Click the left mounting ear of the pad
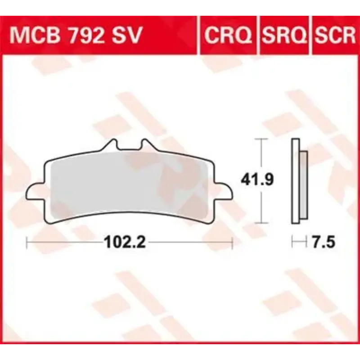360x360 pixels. tap(34, 193)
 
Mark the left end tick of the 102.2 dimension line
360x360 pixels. tap(28, 243)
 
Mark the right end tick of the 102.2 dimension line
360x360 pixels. tap(232, 243)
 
